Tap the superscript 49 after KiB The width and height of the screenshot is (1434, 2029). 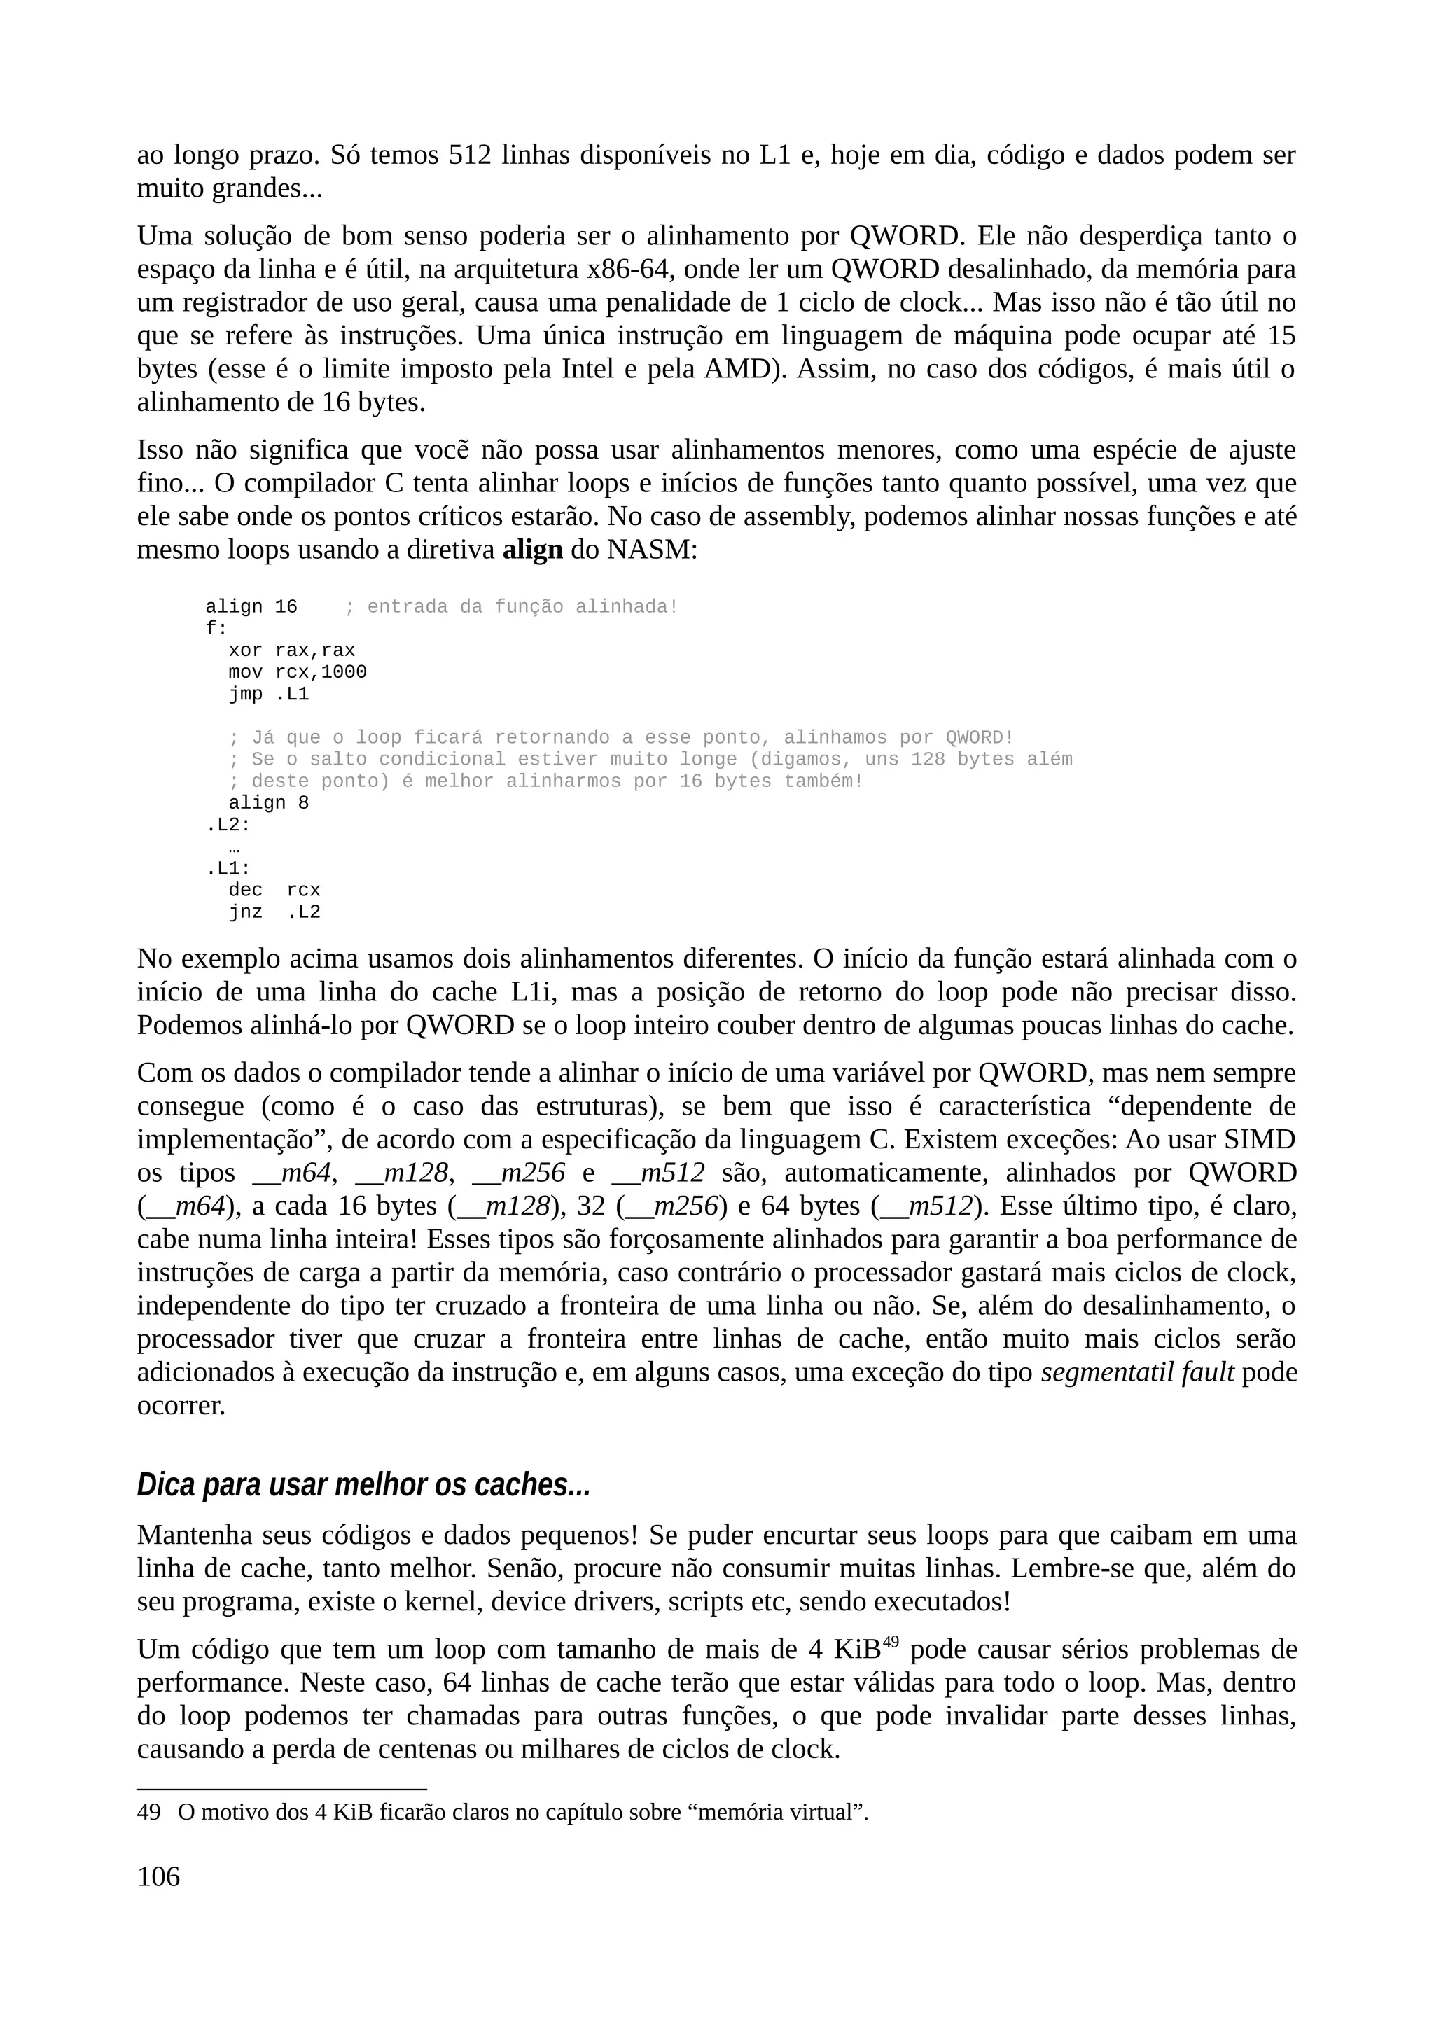(891, 1642)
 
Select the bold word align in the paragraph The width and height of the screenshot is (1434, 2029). (532, 550)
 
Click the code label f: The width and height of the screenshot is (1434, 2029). (216, 628)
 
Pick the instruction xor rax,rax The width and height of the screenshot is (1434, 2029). (291, 650)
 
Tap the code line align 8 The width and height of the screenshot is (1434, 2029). (269, 803)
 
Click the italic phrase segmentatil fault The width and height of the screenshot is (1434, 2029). (1137, 1372)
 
